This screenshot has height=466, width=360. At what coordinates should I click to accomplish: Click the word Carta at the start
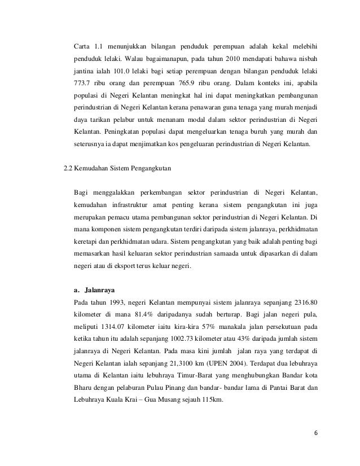point(82,45)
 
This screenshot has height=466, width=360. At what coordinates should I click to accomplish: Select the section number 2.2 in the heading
point(71,168)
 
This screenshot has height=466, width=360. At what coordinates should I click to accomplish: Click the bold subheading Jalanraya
point(98,291)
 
